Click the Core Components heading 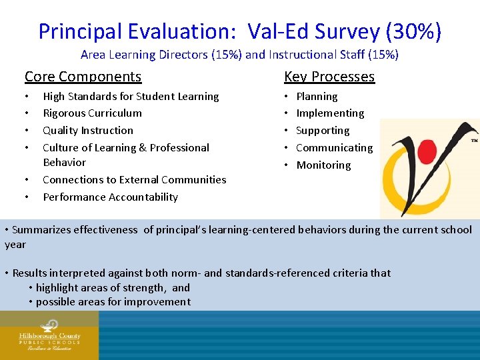point(83,77)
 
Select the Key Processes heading point(329,77)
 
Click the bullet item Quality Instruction point(88,131)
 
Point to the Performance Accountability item point(110,197)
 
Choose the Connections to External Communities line point(134,180)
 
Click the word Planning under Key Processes point(317,97)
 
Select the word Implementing point(330,113)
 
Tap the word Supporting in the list point(323,131)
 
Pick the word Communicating point(334,148)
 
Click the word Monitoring point(323,165)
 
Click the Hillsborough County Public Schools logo point(49,335)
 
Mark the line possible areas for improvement point(113,302)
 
